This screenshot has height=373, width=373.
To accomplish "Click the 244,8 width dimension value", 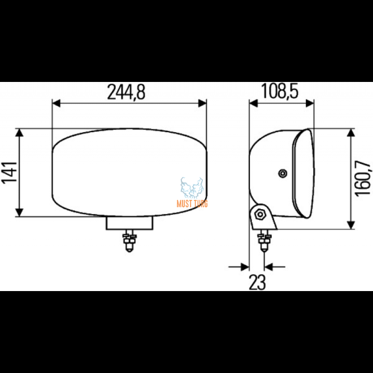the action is pos(126,92).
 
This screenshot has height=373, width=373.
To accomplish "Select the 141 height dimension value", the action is pos(10,172).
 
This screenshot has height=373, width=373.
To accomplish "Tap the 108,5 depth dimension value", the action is pos(280,91).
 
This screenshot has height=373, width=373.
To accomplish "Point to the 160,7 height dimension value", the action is pos(363,178).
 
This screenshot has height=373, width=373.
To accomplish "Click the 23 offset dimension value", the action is pos(257,283).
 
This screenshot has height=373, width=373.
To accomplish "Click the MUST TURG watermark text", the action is pos(192,203).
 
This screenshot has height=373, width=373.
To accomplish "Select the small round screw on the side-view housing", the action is pos(283,174).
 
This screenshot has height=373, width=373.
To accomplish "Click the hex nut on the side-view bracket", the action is pos(259,215).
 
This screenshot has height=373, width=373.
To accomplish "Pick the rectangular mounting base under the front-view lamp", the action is pos(129,223).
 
